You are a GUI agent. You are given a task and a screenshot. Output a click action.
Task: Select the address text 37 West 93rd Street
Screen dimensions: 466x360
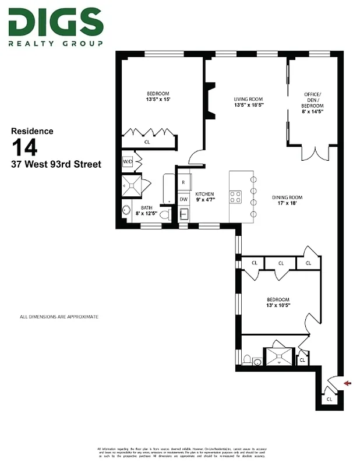56,164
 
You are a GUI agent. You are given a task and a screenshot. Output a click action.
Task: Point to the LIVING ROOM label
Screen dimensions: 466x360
249,102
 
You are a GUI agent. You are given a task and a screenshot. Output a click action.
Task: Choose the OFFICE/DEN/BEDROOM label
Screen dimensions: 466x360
312,103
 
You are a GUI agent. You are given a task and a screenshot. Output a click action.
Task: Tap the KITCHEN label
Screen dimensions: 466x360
205,197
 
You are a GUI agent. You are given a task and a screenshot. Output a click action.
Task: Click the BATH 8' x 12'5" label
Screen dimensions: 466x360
147,210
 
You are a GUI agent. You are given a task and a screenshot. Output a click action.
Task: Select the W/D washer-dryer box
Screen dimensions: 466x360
128,163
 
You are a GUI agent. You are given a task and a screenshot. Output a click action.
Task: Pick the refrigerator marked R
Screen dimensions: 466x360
183,182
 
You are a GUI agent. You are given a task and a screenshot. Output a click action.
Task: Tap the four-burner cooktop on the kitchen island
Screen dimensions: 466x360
237,197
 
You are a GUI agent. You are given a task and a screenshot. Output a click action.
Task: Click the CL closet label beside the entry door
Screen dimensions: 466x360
329,399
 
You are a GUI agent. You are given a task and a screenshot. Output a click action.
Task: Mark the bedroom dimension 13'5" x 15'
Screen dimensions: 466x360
158,100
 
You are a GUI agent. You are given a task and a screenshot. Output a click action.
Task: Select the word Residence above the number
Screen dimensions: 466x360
33,131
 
